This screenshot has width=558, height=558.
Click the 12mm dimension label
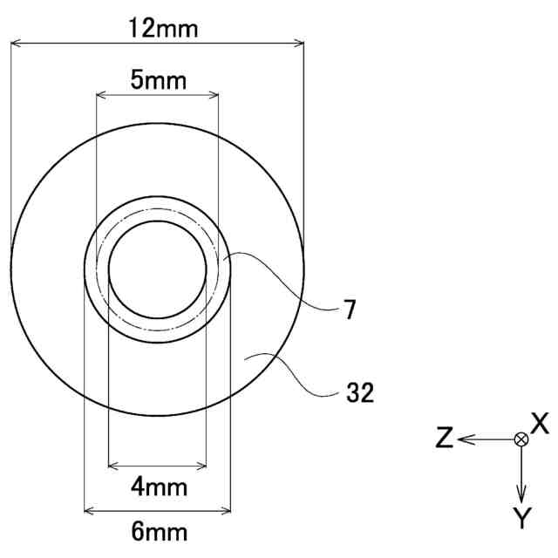(163, 29)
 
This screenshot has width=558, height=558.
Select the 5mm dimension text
(159, 80)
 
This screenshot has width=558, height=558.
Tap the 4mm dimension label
(159, 487)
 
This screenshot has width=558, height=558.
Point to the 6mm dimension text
(159, 532)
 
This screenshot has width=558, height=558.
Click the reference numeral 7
(350, 310)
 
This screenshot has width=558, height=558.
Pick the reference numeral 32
(360, 392)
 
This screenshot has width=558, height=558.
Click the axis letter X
(540, 423)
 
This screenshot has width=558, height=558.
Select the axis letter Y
(522, 518)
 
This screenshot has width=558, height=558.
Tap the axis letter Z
(445, 438)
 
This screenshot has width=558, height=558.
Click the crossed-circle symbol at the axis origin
(521, 439)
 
